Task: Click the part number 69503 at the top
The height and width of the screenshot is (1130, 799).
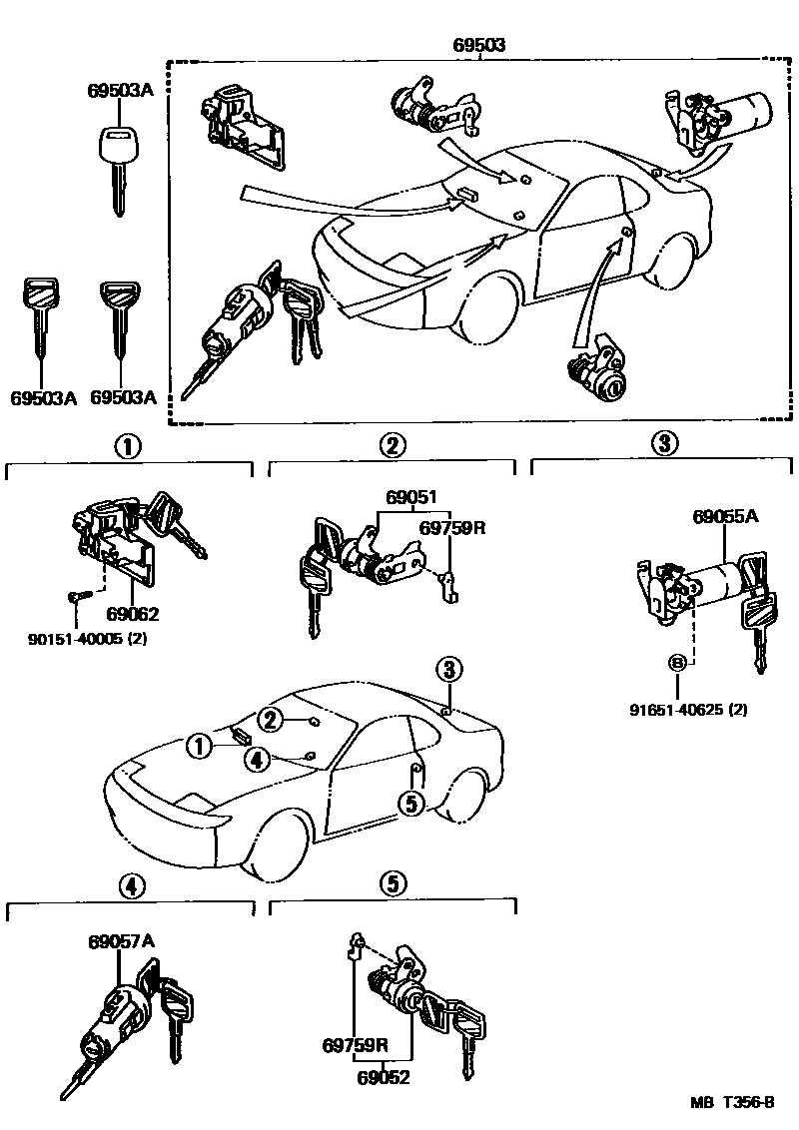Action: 480,45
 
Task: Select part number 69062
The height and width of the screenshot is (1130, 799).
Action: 133,614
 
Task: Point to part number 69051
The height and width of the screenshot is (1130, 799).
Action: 411,496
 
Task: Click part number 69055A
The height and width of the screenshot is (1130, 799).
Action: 725,517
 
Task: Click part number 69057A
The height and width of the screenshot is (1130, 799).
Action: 120,941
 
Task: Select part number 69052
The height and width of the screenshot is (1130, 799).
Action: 385,1077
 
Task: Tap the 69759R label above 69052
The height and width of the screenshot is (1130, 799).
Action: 355,1046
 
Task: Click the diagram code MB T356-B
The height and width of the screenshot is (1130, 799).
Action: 732,1103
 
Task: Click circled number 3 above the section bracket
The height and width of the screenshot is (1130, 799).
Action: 663,445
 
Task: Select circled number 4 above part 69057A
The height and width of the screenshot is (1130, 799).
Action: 129,884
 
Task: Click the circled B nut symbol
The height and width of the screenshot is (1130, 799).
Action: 677,663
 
